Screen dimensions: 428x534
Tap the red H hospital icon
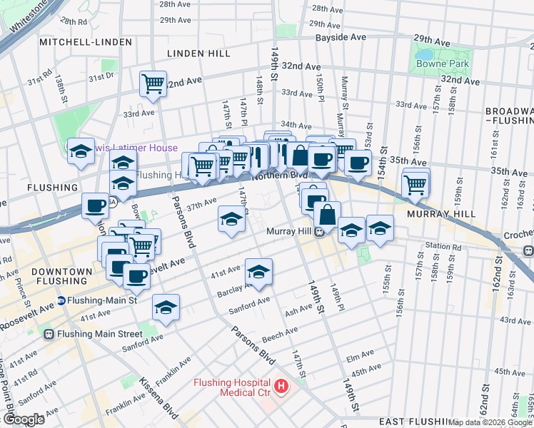[282, 387]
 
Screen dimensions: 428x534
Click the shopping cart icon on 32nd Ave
[153, 83]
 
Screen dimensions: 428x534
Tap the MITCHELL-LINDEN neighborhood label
[86, 42]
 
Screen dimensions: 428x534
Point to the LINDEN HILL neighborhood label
[198, 53]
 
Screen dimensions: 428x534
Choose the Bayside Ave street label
[341, 36]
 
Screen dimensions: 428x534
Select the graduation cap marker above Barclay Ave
[258, 270]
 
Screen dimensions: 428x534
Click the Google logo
[24, 419]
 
